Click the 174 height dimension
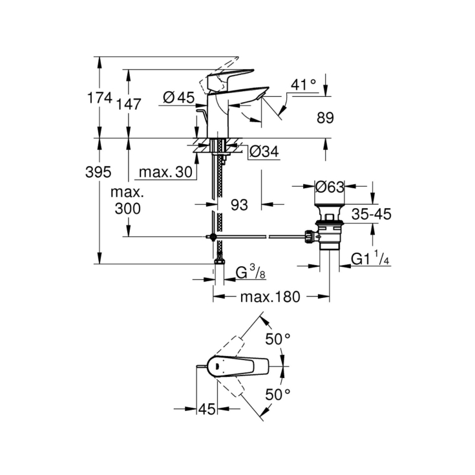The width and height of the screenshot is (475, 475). coord(100,98)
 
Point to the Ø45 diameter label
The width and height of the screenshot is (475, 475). coord(179,98)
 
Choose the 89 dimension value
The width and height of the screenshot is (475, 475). coord(326,118)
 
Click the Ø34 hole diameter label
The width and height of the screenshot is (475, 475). coord(263,151)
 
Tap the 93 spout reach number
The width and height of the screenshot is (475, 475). coord(239,205)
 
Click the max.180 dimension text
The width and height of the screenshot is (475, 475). coord(270,297)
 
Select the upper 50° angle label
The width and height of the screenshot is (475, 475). coord(279,339)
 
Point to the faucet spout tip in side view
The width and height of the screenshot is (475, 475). coord(261,96)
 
